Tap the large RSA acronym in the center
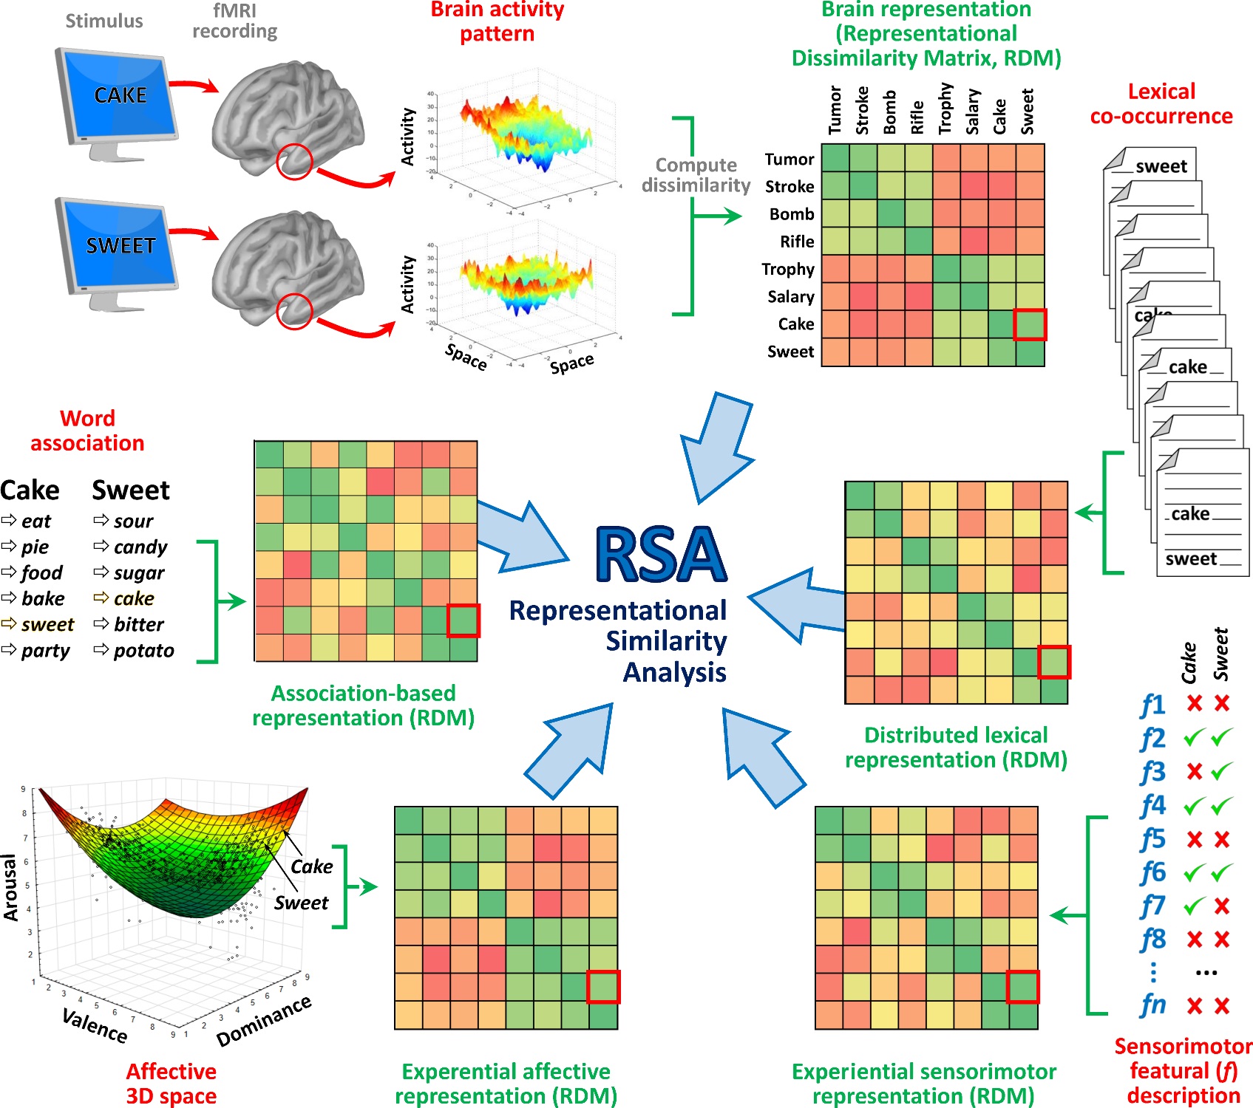661,555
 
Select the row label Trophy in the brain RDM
788,270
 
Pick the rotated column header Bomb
890,112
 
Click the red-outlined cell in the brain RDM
1030,324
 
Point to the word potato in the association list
143,651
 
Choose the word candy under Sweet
140,547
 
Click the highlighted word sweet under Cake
47,625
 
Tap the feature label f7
1152,906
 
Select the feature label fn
1152,1005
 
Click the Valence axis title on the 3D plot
95,1026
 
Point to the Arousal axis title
10,887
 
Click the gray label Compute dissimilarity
696,175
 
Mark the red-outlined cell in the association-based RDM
463,620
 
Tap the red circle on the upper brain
294,162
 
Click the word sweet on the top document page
1161,167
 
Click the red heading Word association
87,431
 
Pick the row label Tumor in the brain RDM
789,160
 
